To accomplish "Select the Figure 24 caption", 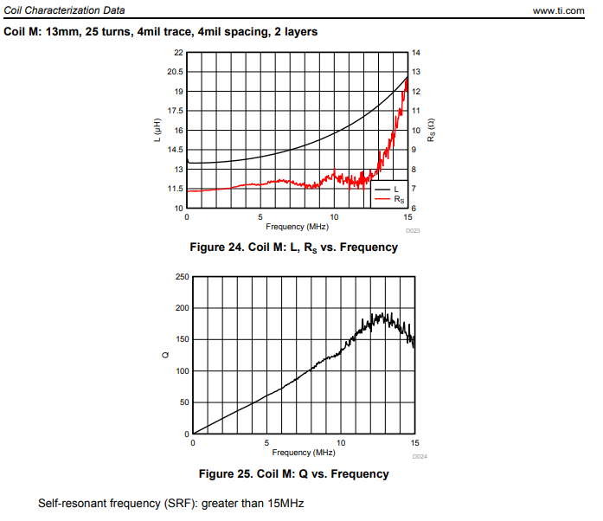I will pos(293,248).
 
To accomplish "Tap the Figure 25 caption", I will pos(293,473).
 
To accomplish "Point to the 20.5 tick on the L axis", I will pos(175,72).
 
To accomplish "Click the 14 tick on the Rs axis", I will pos(415,53).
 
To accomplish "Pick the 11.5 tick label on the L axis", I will pos(175,189).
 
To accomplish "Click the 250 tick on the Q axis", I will pos(182,277).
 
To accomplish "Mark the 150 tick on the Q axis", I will pos(182,340).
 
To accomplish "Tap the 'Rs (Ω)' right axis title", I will pos(430,130).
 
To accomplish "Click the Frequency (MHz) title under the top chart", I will pos(297,227).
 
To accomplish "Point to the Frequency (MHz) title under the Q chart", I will pos(303,453).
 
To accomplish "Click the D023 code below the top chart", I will pos(413,231).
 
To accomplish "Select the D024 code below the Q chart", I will pos(419,456).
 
